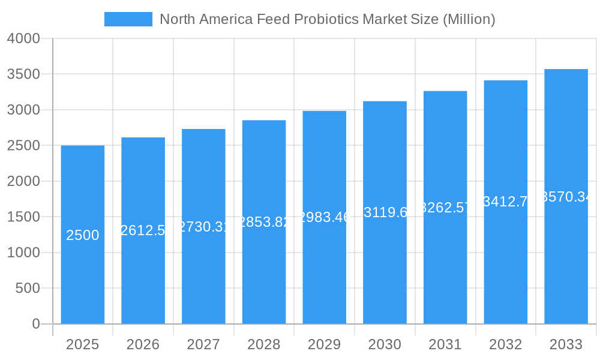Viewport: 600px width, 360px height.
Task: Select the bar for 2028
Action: click(264, 270)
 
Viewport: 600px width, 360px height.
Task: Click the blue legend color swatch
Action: click(128, 19)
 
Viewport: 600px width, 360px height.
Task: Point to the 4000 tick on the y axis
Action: click(23, 39)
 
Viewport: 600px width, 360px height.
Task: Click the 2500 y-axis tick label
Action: click(23, 146)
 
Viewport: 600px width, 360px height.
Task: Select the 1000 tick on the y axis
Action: click(23, 253)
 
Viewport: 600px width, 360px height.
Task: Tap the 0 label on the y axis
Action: click(35, 324)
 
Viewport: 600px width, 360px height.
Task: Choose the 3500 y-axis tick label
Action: click(23, 74)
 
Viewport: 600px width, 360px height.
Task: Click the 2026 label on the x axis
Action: click(143, 344)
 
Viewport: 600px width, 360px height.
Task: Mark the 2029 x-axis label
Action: click(324, 344)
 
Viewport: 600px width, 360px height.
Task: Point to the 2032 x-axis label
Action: click(505, 344)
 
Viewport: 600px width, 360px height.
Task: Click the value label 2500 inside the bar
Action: click(83, 235)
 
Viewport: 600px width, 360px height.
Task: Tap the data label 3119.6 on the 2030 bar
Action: click(385, 212)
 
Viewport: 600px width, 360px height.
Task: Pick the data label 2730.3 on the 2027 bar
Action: click(203, 226)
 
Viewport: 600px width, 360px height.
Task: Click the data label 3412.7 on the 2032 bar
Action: click(506, 202)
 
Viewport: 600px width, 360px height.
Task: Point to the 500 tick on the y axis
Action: click(28, 289)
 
